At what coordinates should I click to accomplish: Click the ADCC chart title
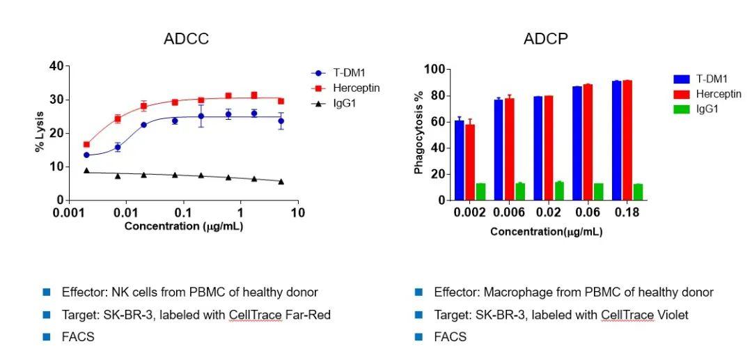186,39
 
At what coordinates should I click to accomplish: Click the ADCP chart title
546,39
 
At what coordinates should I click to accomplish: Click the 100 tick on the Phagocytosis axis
435,70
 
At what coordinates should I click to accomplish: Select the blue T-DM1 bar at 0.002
459,160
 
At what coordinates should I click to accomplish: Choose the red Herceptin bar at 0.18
627,141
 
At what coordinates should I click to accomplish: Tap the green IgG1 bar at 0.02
558,191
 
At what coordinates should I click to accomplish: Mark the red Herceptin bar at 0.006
509,149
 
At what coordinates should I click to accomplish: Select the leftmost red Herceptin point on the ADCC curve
86,144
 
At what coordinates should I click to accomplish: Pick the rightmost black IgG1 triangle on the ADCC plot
281,182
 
